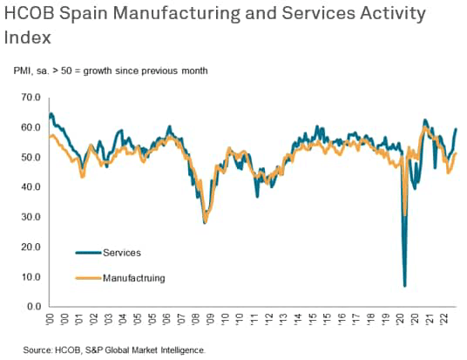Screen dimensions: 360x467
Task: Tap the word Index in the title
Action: coord(27,37)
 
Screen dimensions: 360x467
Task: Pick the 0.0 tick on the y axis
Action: coord(33,307)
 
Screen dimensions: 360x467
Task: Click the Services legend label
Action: coord(121,253)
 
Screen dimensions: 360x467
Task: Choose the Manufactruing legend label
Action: coord(133,278)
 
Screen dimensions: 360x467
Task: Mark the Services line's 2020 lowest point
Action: coord(405,285)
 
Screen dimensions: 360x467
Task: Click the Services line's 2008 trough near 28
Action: coord(205,223)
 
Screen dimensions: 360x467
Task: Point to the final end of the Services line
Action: coord(457,129)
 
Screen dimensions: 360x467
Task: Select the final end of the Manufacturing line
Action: coord(457,153)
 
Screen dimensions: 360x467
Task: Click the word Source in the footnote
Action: coord(38,349)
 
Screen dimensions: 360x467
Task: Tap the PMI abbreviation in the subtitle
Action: coord(22,69)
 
